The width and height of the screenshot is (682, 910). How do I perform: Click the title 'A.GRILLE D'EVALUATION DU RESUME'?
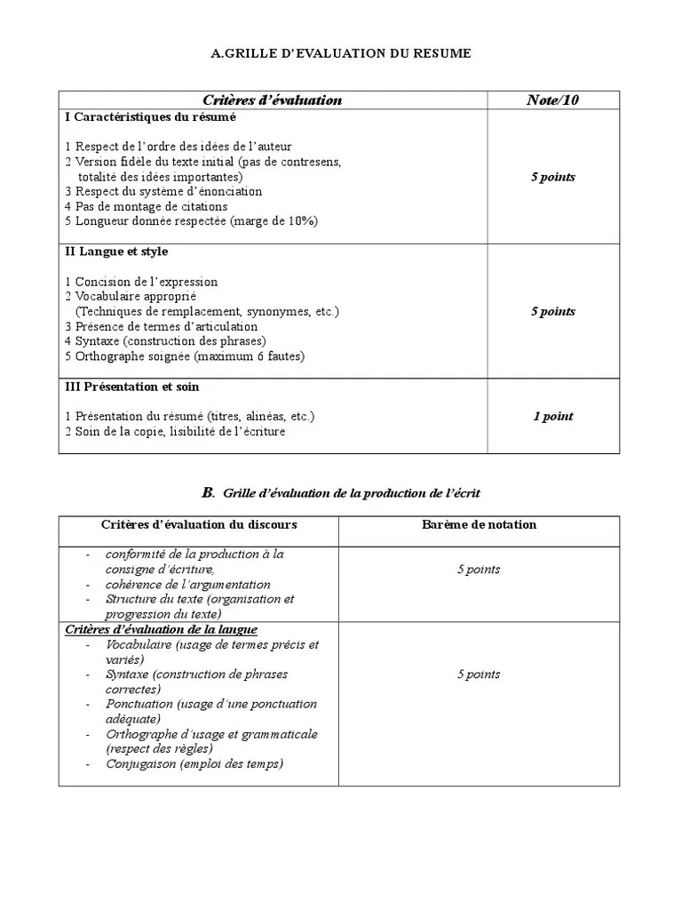point(341,54)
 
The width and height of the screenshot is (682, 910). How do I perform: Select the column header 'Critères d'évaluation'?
point(272,100)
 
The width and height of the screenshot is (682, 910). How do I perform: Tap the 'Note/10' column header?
point(552,100)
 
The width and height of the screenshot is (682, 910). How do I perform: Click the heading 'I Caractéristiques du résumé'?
point(151,116)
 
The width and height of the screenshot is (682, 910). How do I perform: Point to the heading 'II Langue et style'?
point(116,251)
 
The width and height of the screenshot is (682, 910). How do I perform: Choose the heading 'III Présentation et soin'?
point(132,387)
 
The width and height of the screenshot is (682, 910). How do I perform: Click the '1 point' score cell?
point(552,416)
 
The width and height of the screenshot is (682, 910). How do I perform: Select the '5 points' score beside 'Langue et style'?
point(552,311)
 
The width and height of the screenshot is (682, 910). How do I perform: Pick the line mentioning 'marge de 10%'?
point(191,220)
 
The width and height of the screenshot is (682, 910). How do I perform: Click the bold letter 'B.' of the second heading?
point(209,491)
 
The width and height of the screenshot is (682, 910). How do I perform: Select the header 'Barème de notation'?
point(479,524)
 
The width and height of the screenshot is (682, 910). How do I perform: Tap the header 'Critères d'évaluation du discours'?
point(199,524)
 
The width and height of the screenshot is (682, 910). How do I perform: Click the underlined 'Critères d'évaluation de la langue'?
point(162,629)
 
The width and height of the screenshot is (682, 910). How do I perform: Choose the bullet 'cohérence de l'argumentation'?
point(188,584)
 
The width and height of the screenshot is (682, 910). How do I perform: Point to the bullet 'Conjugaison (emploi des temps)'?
point(194,763)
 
